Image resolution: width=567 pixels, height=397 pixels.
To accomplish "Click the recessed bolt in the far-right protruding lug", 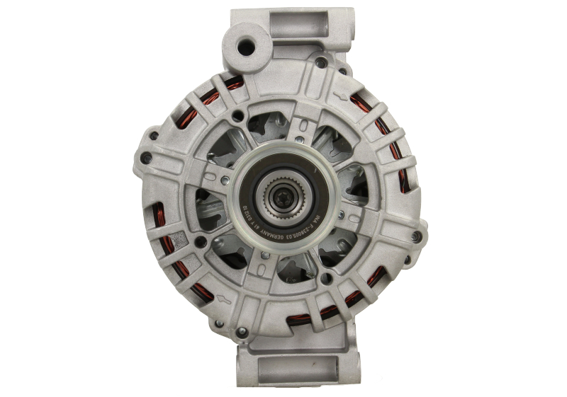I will pyautogui.click(x=416, y=236).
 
